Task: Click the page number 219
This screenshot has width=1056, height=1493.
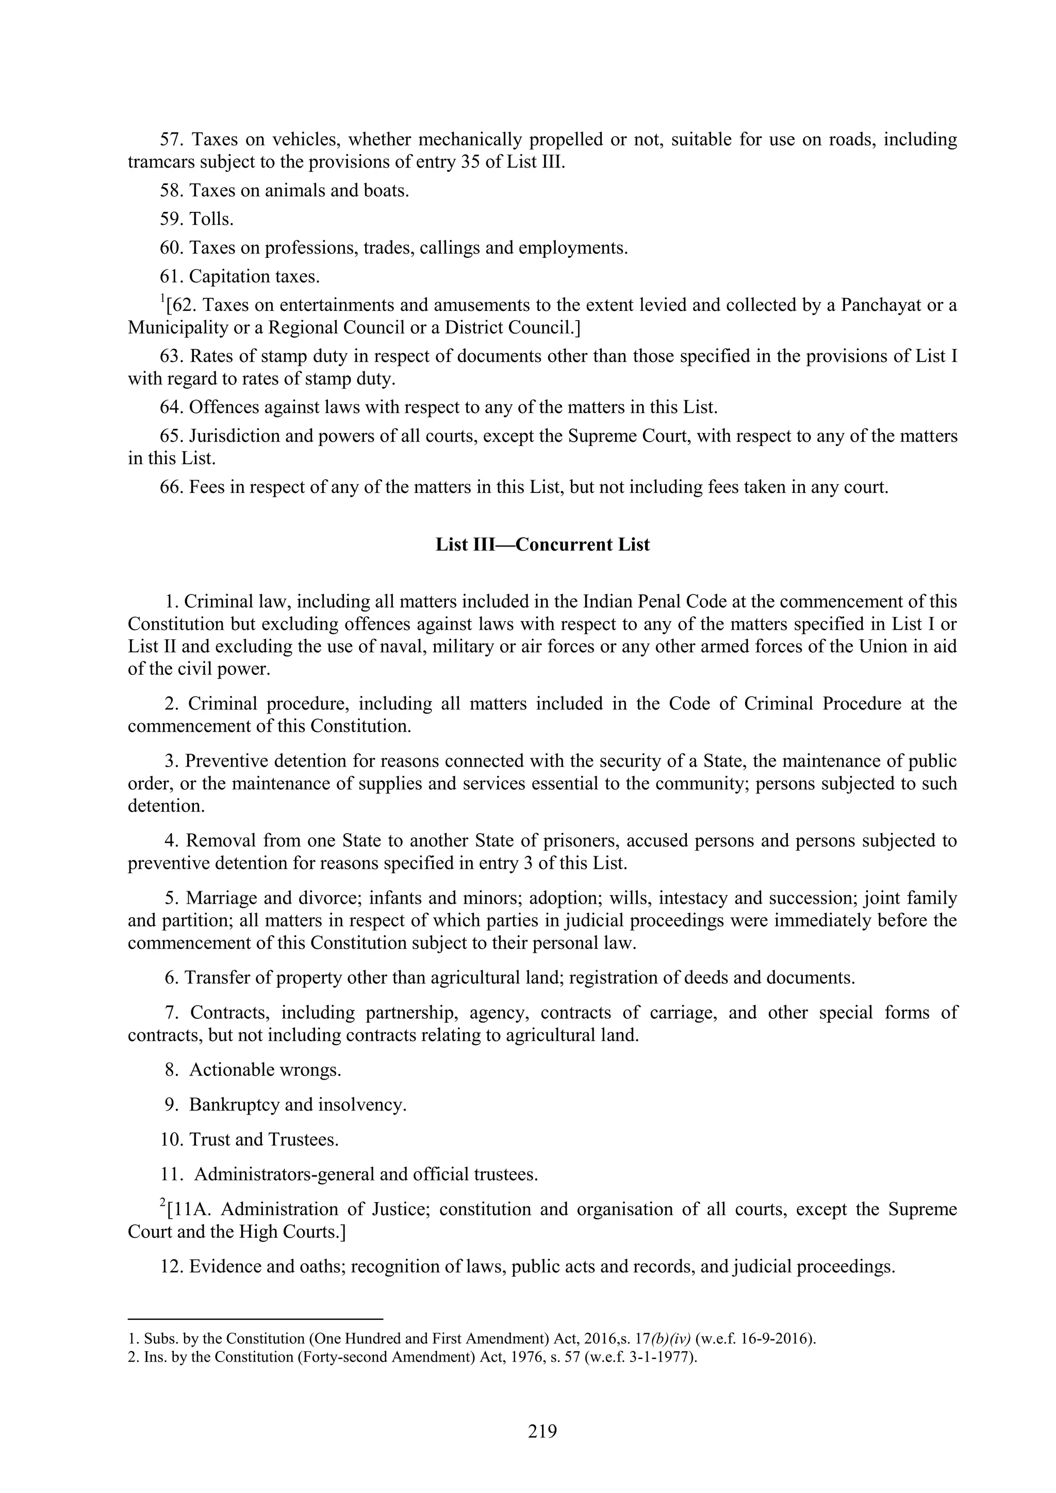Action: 542,1432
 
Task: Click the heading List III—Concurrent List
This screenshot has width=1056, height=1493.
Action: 542,544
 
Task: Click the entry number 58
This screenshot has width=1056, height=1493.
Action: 172,191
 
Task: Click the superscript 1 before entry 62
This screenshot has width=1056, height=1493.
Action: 162,299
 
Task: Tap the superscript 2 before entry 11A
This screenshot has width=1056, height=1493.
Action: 162,1204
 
